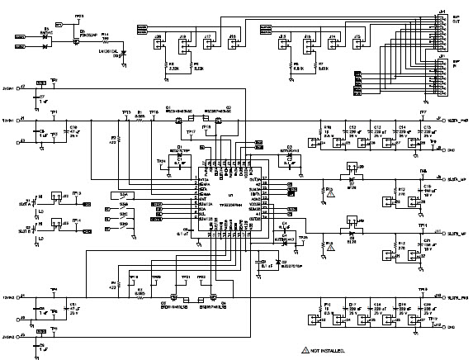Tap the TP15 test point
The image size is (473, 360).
click(x=125, y=114)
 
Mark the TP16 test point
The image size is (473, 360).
click(x=154, y=114)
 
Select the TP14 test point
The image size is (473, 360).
click(x=76, y=221)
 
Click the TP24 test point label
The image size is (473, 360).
click(x=161, y=161)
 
